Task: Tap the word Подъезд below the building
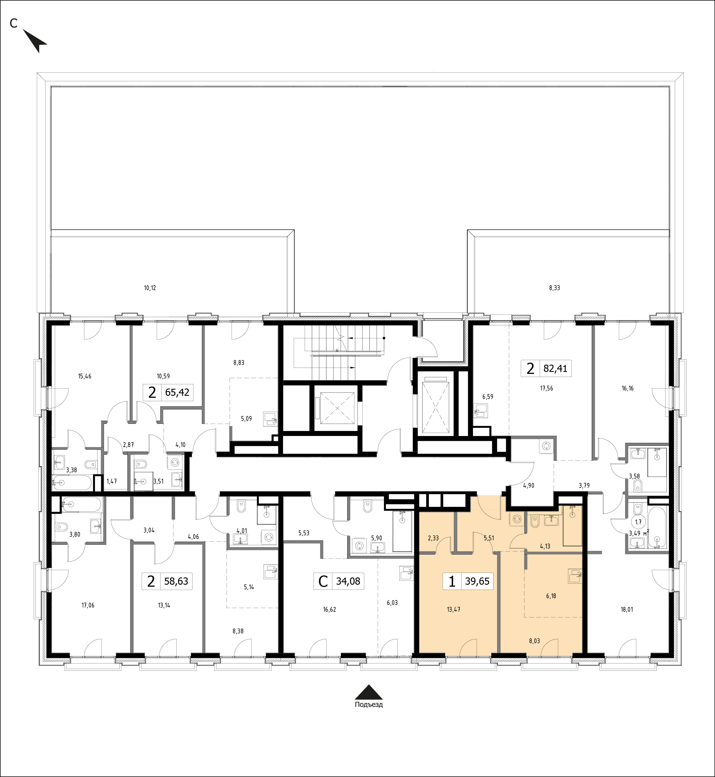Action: click(369, 715)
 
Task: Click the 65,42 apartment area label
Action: click(177, 393)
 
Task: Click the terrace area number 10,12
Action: click(150, 288)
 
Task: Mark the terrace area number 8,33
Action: click(555, 288)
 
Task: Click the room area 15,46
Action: click(85, 376)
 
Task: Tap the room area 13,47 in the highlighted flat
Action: click(453, 609)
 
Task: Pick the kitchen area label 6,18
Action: click(551, 596)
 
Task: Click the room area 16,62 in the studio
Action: click(329, 609)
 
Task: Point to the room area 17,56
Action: click(546, 388)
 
